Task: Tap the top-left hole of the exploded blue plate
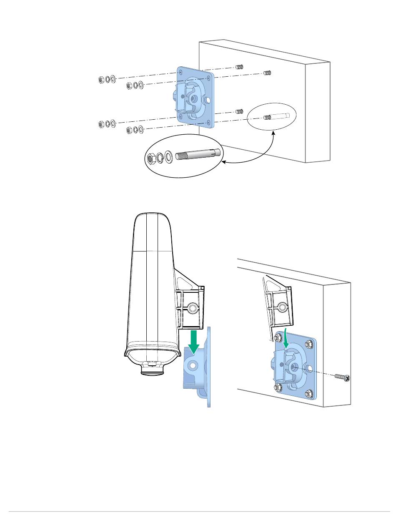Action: pyautogui.click(x=180, y=73)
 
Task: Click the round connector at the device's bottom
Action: pyautogui.click(x=152, y=369)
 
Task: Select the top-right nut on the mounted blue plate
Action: pyautogui.click(x=309, y=344)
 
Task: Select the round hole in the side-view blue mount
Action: pyautogui.click(x=192, y=365)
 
